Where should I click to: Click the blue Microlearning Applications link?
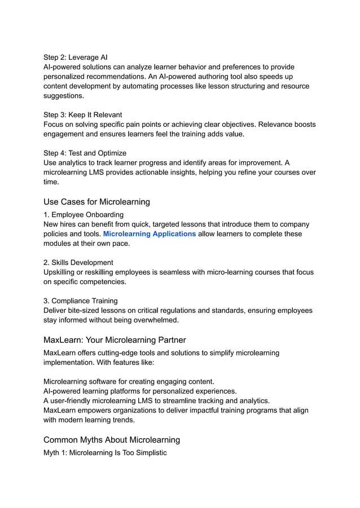click(x=150, y=234)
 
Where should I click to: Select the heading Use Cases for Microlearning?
click(x=96, y=202)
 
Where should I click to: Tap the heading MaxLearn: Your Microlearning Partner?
click(x=115, y=340)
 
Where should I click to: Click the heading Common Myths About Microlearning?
click(x=112, y=440)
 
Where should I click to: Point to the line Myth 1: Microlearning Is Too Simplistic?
click(x=105, y=453)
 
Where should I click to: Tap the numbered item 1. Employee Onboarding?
click(x=84, y=215)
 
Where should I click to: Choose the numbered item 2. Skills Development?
click(x=78, y=263)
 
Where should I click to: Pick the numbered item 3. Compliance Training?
click(x=80, y=301)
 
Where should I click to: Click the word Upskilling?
click(x=62, y=272)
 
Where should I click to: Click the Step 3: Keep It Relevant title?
click(x=82, y=115)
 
